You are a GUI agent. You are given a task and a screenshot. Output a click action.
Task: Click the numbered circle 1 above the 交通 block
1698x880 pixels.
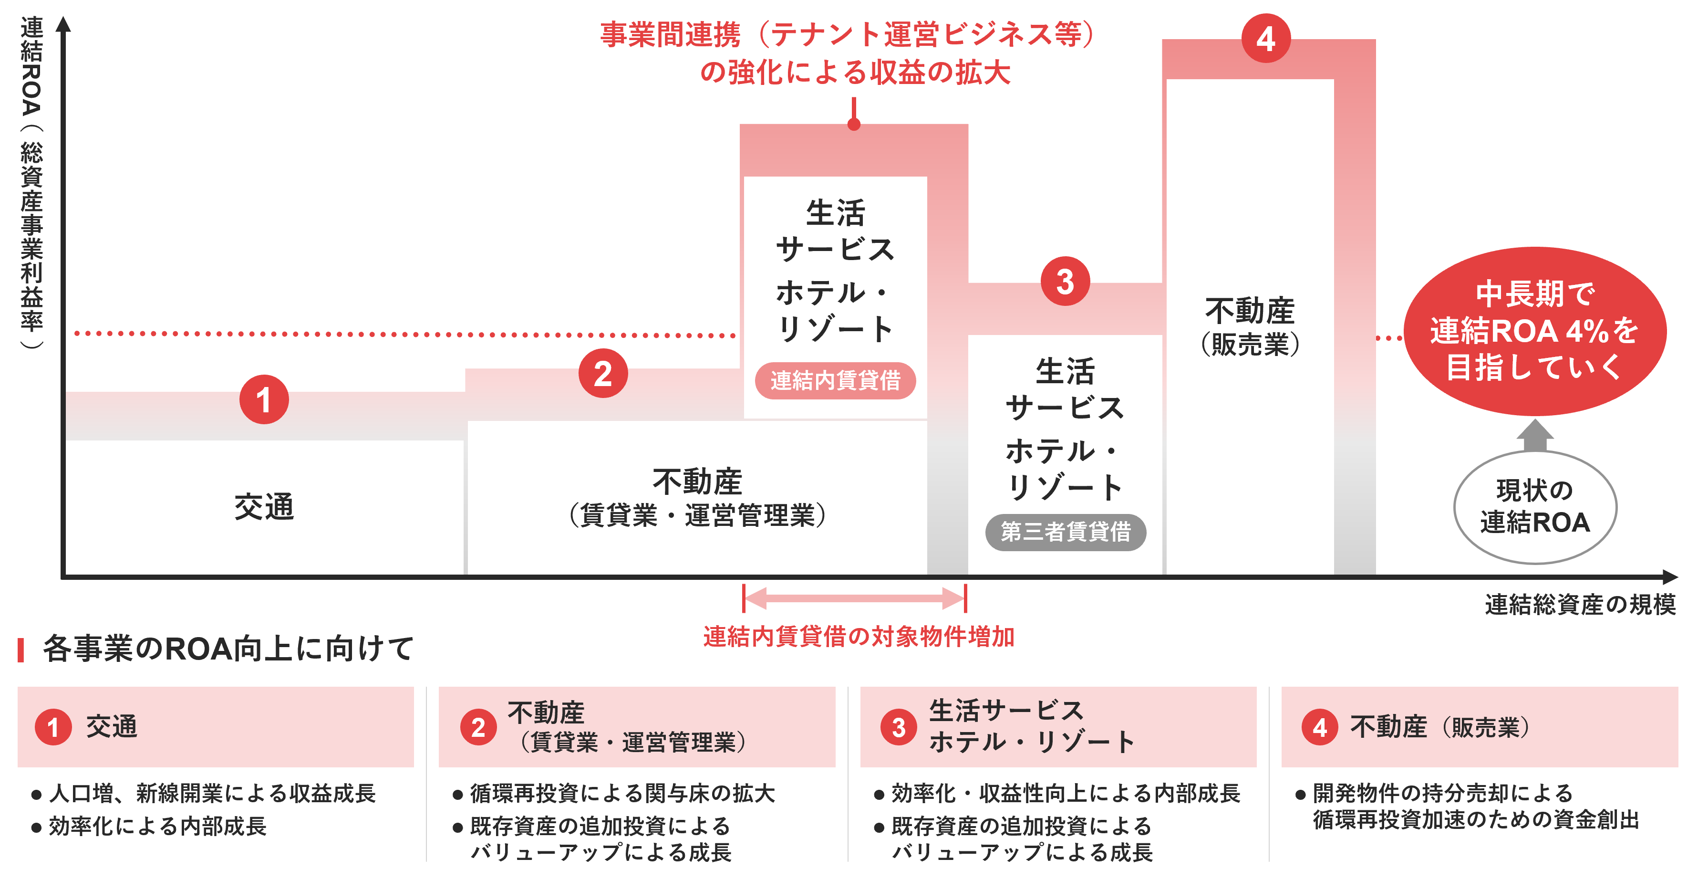[x=264, y=400]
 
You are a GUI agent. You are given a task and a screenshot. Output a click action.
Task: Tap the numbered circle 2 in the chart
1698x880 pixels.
[x=602, y=373]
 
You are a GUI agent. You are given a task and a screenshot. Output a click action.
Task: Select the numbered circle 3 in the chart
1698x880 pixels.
[x=1065, y=282]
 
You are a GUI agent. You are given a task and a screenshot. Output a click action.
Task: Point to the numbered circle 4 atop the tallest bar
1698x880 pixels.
[x=1265, y=39]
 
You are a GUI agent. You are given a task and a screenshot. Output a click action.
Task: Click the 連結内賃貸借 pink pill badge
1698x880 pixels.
[x=835, y=381]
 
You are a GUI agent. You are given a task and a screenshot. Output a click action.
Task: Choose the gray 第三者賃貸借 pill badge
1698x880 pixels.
[x=1065, y=532]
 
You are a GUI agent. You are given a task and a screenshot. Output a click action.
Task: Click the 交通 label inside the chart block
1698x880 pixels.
[x=264, y=507]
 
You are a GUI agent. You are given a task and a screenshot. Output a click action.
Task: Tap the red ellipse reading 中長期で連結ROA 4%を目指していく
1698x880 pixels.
[x=1534, y=331]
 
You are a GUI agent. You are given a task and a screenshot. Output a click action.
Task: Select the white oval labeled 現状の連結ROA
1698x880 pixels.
[x=1534, y=507]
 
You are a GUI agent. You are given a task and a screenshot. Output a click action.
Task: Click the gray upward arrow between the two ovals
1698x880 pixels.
[x=1534, y=435]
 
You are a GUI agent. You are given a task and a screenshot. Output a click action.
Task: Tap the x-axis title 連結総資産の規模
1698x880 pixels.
[x=1579, y=604]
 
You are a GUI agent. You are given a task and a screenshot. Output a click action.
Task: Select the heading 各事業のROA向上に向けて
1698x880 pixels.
[x=228, y=649]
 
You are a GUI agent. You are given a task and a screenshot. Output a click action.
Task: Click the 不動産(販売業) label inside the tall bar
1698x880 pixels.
[x=1250, y=326]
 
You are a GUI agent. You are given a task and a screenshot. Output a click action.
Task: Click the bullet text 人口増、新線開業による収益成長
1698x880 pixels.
[x=212, y=793]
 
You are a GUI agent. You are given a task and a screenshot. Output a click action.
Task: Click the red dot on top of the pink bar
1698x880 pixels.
[x=854, y=124]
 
